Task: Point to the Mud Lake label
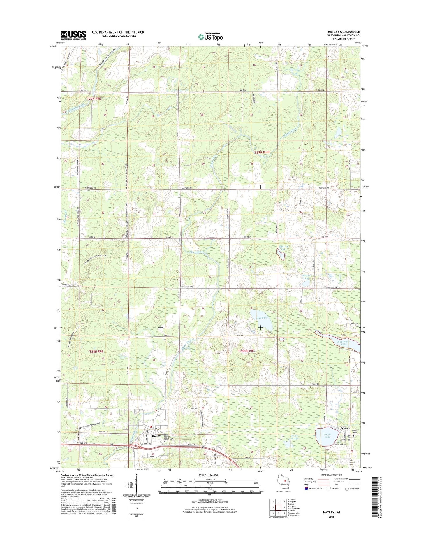point(261,318)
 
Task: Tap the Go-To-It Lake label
point(295,437)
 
